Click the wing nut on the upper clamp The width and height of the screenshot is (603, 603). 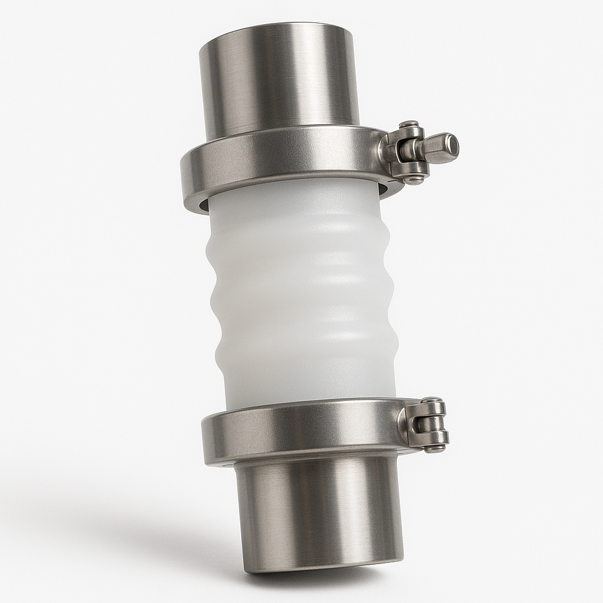(439, 148)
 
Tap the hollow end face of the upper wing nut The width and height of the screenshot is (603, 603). (452, 144)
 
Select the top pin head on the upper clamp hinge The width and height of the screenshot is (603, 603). (409, 125)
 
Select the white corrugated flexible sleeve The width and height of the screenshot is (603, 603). (300, 294)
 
